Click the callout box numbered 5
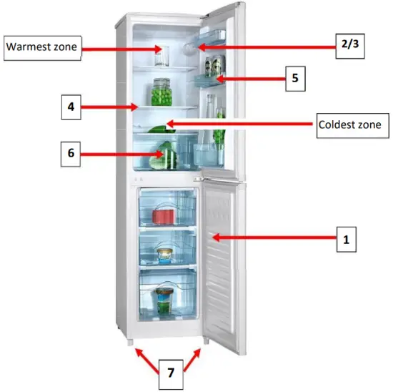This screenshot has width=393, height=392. tap(294, 78)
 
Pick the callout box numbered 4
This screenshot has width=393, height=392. tap(71, 108)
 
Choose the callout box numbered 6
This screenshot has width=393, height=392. tap(71, 152)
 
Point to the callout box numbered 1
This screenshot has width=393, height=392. tap(347, 240)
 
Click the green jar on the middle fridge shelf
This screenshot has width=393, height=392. tap(162, 93)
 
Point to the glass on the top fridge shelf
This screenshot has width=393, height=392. tap(160, 56)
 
